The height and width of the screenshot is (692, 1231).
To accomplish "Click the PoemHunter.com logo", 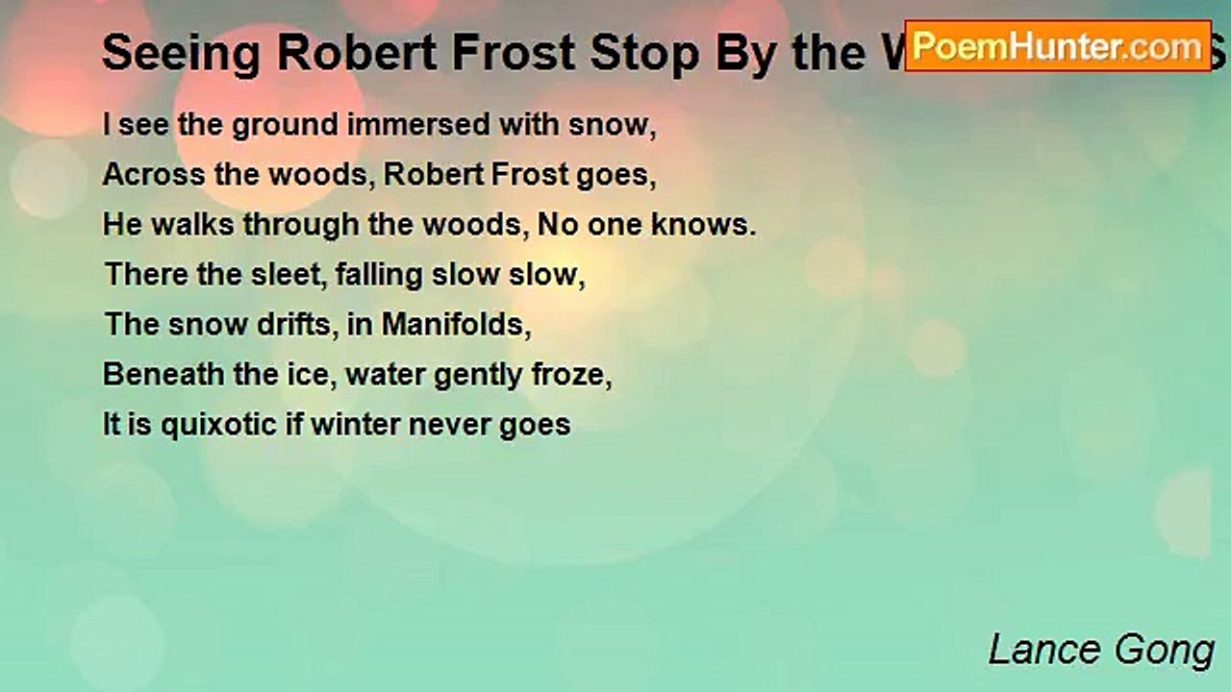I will point(1058,46).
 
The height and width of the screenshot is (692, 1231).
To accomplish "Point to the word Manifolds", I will point(457,324).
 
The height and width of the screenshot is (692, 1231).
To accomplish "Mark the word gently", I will point(465,375).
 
